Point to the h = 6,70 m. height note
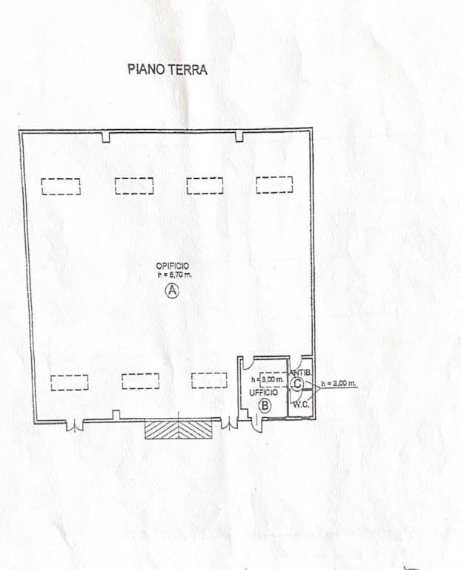(175, 275)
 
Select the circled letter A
(172, 290)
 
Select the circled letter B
(265, 405)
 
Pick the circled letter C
(297, 384)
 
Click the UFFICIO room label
(264, 393)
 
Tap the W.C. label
(302, 404)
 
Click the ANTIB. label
(300, 373)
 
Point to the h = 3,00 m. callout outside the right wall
(339, 383)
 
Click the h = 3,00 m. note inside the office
(268, 379)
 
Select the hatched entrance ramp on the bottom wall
(178, 430)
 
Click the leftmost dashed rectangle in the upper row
(61, 186)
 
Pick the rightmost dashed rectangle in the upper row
(274, 185)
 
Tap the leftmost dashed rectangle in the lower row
(70, 383)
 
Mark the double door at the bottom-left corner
(75, 426)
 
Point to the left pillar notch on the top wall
(106, 137)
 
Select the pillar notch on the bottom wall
(116, 415)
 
